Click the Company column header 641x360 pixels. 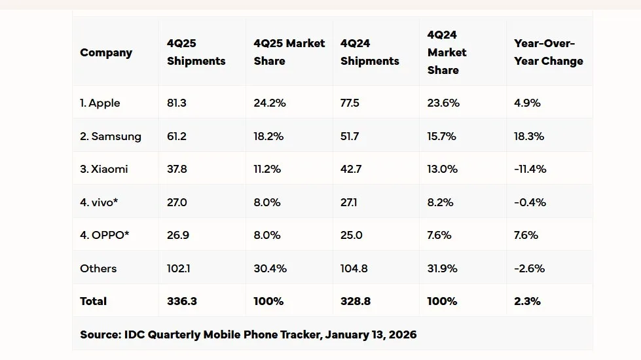106,53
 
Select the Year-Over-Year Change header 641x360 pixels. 548,52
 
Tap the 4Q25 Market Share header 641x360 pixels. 289,52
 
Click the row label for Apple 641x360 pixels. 100,103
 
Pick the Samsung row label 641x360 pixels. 111,137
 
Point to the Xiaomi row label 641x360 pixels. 104,169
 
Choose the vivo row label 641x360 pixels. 99,202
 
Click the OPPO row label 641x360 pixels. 105,235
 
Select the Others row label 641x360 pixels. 98,268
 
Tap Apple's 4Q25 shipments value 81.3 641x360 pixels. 177,103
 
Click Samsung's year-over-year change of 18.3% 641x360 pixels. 529,137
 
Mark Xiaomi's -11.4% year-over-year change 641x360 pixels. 530,169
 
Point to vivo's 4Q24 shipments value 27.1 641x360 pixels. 351,202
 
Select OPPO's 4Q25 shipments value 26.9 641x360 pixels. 178,235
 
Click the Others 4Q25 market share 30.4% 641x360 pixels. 270,268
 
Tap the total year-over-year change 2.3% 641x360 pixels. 527,301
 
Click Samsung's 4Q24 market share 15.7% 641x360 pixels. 442,137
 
